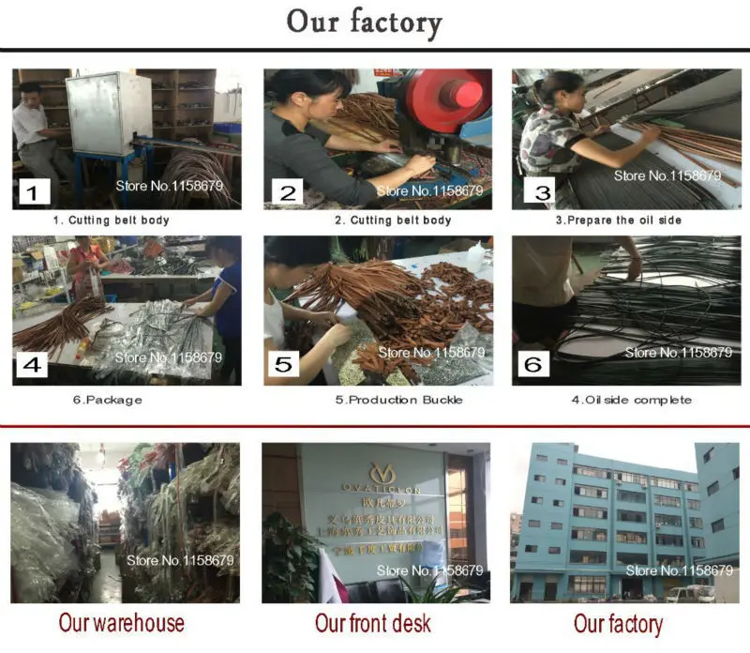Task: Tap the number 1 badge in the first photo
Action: click(34, 194)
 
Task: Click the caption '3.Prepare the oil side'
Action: click(618, 220)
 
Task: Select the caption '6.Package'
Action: click(112, 400)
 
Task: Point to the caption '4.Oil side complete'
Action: click(631, 400)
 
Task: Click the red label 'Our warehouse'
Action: click(122, 623)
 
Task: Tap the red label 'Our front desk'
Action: click(373, 623)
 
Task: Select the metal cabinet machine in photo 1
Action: click(108, 113)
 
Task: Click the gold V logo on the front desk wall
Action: click(382, 470)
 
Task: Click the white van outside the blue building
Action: click(689, 593)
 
